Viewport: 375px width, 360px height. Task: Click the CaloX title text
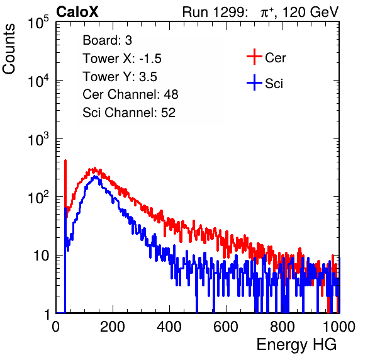77,12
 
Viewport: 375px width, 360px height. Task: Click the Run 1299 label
215,12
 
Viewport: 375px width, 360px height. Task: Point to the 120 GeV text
310,12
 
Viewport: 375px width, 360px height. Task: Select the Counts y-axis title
9,49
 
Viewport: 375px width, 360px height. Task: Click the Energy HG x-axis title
297,345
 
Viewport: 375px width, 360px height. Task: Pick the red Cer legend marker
254,57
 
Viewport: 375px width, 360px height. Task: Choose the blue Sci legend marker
254,83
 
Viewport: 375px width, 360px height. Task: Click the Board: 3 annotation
107,40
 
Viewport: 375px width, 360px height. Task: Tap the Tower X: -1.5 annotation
122,59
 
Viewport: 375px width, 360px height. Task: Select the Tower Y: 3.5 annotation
120,77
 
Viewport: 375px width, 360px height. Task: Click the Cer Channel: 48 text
130,94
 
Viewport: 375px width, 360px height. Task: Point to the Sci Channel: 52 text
129,113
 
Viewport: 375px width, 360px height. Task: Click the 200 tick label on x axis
113,327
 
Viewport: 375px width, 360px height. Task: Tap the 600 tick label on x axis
226,327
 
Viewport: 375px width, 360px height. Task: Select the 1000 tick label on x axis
339,327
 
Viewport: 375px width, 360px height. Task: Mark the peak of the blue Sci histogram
95,176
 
